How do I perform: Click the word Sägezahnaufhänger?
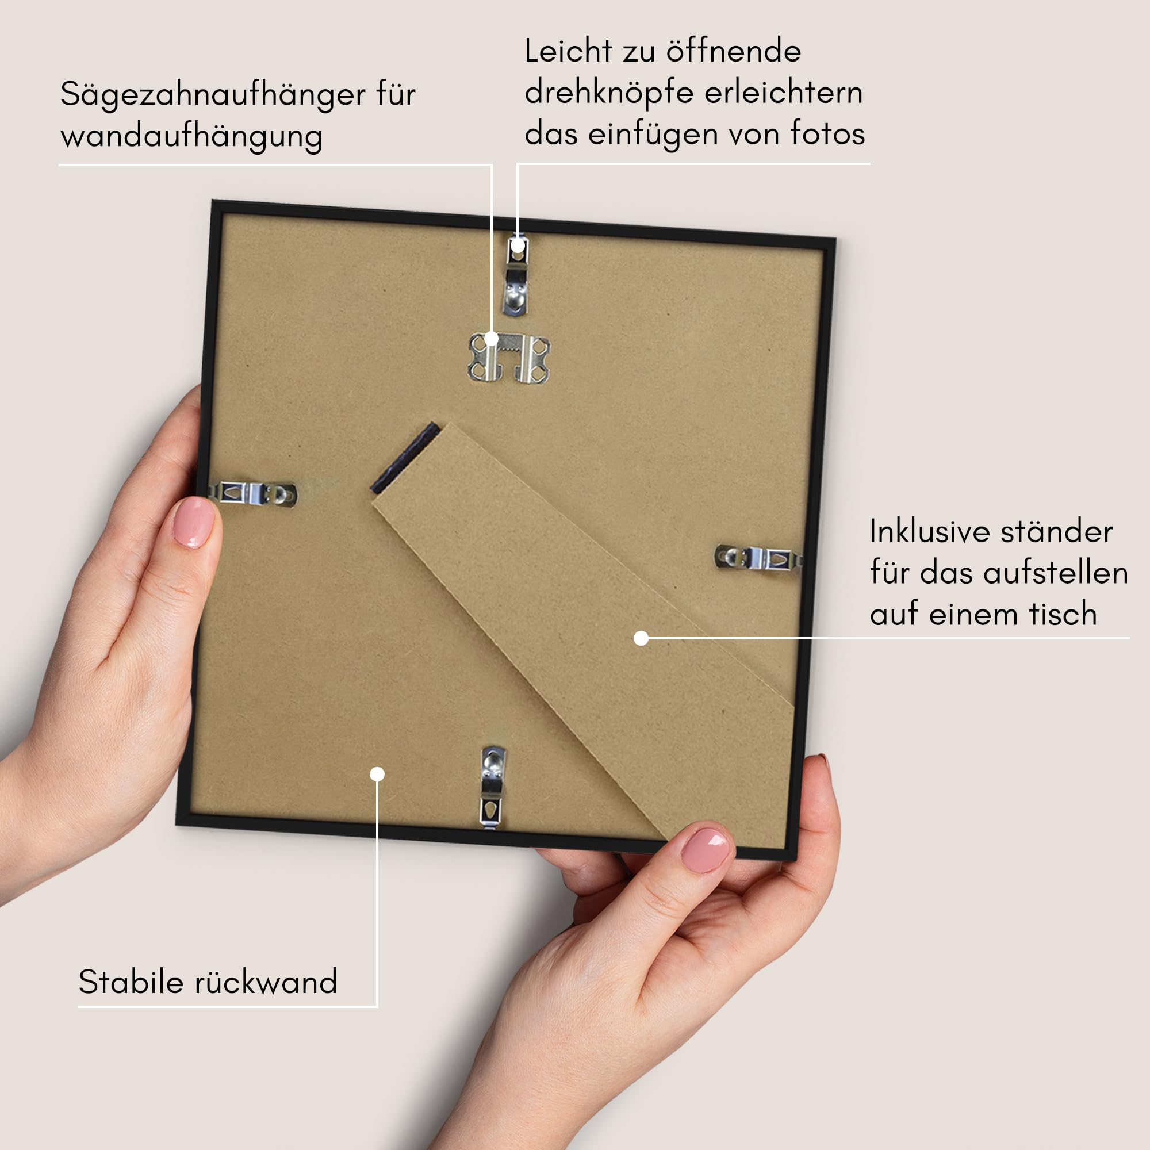[213, 95]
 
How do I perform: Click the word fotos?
[827, 133]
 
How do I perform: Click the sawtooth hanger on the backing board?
[509, 357]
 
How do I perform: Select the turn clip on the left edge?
[253, 493]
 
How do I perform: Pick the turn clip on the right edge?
[758, 558]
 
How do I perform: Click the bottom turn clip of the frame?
[492, 786]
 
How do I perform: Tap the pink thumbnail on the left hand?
[193, 522]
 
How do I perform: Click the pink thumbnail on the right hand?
[706, 850]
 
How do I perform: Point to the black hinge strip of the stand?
[405, 458]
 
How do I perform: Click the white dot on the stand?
[641, 638]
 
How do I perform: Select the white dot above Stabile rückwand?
[377, 774]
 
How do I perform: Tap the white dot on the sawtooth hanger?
[491, 339]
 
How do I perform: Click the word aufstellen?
[1055, 573]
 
